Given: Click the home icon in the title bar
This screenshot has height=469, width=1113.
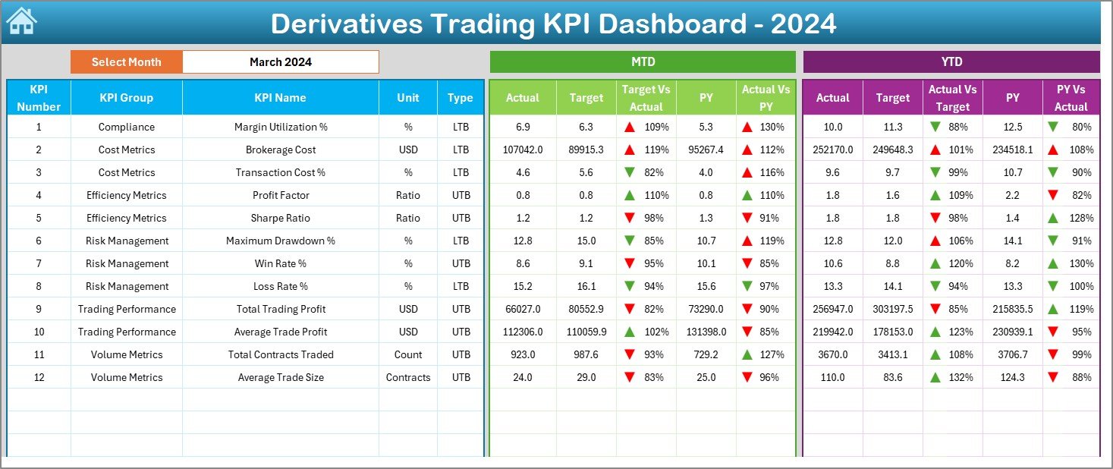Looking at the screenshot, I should point(20,21).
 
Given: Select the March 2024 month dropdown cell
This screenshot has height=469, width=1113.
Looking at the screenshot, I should point(281,62).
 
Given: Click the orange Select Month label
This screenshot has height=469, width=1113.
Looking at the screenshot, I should point(126,62).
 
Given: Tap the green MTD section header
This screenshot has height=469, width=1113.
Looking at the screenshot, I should point(643,62).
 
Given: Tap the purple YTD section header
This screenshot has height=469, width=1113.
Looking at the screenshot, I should point(951,62).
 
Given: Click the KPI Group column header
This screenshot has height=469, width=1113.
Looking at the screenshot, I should point(126,98).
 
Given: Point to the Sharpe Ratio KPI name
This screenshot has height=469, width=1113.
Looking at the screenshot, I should point(280,218).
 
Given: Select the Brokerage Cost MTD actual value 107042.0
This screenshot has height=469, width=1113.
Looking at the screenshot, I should point(522,150).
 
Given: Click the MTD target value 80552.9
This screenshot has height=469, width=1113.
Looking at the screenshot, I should point(586,309).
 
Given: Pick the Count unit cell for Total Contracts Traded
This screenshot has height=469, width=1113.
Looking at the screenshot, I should point(407,354).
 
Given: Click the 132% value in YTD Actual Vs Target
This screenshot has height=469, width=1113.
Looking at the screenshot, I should point(960,377).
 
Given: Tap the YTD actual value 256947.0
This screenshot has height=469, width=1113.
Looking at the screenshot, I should point(832,309).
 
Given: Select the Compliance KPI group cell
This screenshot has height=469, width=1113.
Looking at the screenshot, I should point(126,127).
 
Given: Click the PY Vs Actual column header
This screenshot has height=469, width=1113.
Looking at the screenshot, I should point(1070,98).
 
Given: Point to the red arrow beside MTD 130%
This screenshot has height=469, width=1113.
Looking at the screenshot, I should point(747,127).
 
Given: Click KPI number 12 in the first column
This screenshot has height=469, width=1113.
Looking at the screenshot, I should point(39,377).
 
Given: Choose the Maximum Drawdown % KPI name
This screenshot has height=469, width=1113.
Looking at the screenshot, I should point(280,241).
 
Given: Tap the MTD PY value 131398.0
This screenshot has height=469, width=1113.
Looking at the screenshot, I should point(706,332).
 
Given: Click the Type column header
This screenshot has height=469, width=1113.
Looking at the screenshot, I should point(460,98).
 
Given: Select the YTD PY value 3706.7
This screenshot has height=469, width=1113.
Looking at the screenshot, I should point(1012,354).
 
